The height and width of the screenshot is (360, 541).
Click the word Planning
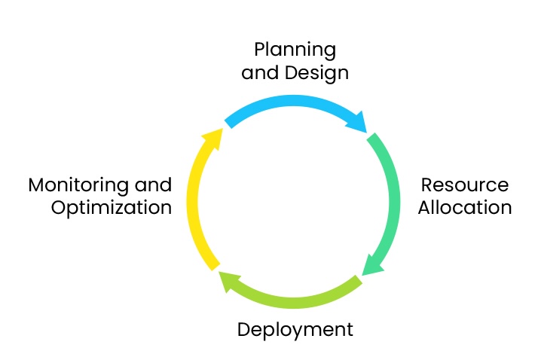[x=295, y=51]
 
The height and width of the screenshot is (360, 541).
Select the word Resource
[x=464, y=185]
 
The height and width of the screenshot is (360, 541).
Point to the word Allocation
[x=465, y=208]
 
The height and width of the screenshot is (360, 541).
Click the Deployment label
[x=295, y=330]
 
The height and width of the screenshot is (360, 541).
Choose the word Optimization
[x=112, y=208]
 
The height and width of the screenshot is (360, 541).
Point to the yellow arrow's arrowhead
[x=213, y=139]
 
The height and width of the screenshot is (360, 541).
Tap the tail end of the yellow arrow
[x=214, y=264]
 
